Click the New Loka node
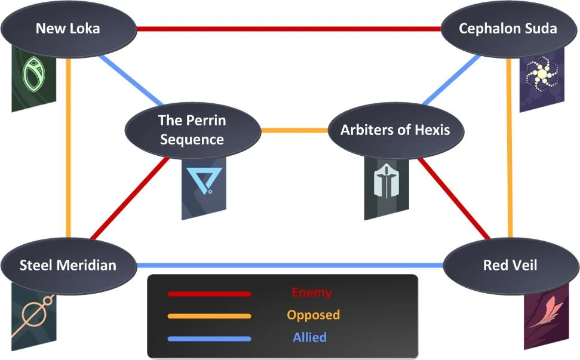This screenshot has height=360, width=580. [x=67, y=29]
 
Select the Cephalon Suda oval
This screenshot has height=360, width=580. [x=507, y=29]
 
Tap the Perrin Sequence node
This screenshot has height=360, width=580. [x=192, y=130]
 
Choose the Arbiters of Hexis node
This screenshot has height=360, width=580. [x=395, y=130]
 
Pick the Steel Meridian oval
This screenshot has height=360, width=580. [x=67, y=265]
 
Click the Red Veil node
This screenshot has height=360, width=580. [x=510, y=265]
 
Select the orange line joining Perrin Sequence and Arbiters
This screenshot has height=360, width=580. [x=294, y=130]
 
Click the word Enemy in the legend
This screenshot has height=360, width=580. [x=311, y=293]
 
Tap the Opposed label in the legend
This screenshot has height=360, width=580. [x=313, y=315]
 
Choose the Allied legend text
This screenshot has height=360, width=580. [x=309, y=337]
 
